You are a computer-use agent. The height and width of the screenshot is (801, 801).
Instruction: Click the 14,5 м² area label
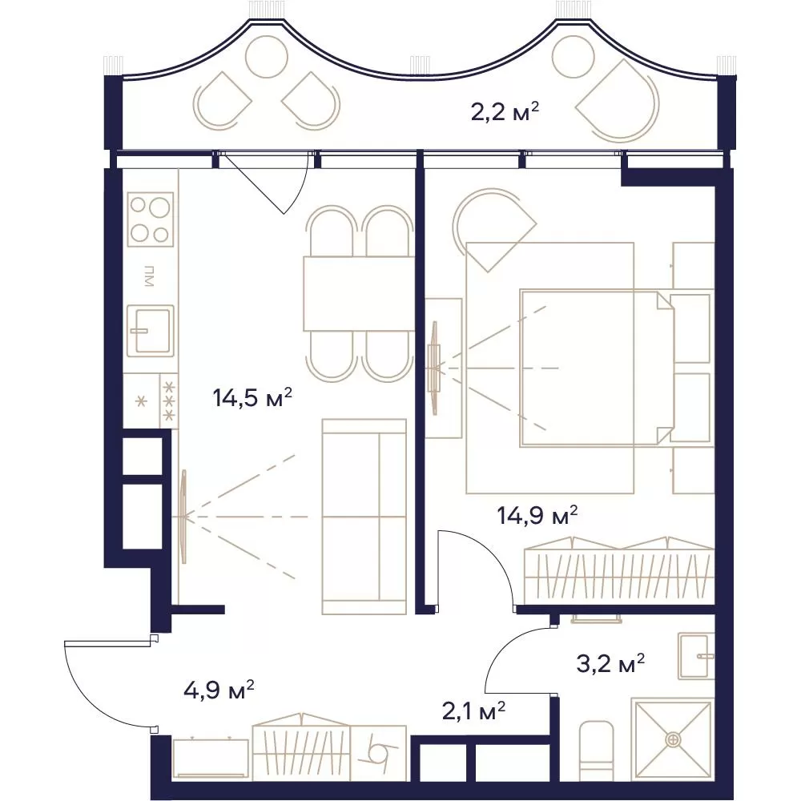pos(252,397)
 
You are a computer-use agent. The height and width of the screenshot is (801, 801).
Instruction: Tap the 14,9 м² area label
pos(537,515)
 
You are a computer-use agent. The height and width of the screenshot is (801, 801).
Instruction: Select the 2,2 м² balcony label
pos(505,111)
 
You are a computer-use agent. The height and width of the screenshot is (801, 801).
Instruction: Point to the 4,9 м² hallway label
pos(219,690)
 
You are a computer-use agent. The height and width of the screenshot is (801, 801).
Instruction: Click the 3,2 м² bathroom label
pos(610,664)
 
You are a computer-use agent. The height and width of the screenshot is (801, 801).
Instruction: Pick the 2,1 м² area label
pos(473,710)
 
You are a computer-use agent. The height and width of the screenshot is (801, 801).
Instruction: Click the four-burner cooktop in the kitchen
pos(151,219)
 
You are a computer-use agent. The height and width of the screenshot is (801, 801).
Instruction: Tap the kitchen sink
pos(151,331)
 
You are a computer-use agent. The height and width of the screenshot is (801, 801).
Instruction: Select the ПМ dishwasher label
pos(149,276)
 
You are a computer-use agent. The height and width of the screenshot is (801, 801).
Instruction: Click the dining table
pos(359,293)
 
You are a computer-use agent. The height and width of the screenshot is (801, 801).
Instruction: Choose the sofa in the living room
pos(364,516)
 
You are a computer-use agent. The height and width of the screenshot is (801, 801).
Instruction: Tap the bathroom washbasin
pos(696,656)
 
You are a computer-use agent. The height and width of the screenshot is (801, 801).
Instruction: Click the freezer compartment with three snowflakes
pos(168,401)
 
